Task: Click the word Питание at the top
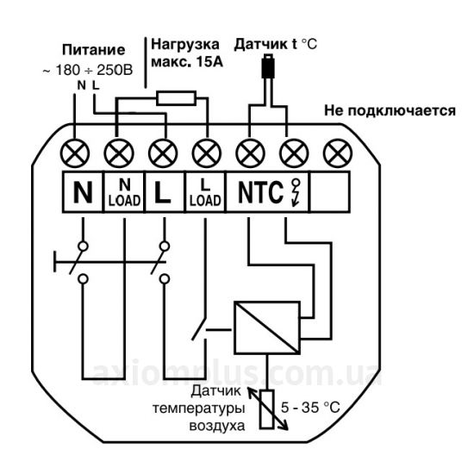pyautogui.click(x=93, y=50)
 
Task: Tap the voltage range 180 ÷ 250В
pyautogui.click(x=94, y=70)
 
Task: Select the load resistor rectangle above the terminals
pyautogui.click(x=176, y=98)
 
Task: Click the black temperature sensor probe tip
pyautogui.click(x=268, y=66)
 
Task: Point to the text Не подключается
pyautogui.click(x=390, y=110)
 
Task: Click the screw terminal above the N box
pyautogui.click(x=75, y=153)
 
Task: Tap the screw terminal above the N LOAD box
pyautogui.click(x=119, y=153)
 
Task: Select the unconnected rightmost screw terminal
pyautogui.click(x=338, y=153)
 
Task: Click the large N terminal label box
pyautogui.click(x=83, y=192)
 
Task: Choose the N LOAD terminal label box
pyautogui.click(x=124, y=192)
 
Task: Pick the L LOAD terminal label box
pyautogui.click(x=205, y=192)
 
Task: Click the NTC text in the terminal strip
pyautogui.click(x=261, y=192)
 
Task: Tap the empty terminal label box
pyautogui.click(x=330, y=192)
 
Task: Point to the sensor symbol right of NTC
pyautogui.click(x=296, y=192)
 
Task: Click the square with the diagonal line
pyautogui.click(x=267, y=327)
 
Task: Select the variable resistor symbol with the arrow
pyautogui.click(x=267, y=409)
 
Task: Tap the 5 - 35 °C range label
pyautogui.click(x=310, y=408)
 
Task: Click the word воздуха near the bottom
pyautogui.click(x=216, y=426)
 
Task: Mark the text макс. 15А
pyautogui.click(x=187, y=62)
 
